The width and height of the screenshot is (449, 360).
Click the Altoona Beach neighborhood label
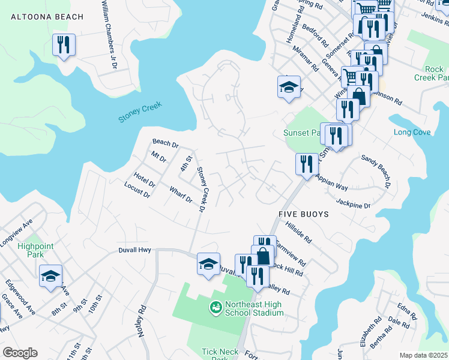[x=47, y=17]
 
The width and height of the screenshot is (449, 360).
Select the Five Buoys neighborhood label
[x=303, y=214]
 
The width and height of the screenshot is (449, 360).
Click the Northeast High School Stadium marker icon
[x=215, y=308]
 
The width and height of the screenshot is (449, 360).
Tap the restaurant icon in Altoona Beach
[x=64, y=45]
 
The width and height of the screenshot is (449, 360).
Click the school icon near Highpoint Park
[x=51, y=276]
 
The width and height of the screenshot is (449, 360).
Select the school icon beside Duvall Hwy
[x=208, y=264]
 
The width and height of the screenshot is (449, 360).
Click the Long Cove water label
[x=412, y=132]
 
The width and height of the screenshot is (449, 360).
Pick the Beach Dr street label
[x=166, y=143]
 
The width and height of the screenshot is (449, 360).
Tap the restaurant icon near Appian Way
[x=307, y=164]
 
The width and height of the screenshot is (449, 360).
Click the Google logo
[x=20, y=353]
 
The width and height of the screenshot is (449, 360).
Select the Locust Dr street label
[x=136, y=191]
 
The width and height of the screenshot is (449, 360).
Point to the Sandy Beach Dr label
[x=376, y=171]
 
